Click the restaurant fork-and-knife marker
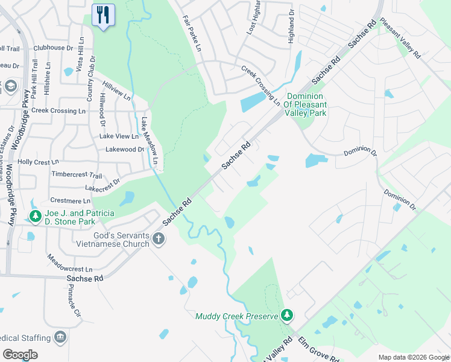(x=103, y=14)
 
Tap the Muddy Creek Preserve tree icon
(x=288, y=315)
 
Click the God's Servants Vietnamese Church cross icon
(x=158, y=238)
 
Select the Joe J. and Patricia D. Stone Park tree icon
(x=36, y=216)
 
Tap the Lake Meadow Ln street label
(x=149, y=141)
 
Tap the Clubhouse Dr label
(x=53, y=47)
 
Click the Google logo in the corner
(x=20, y=355)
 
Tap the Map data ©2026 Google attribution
(x=413, y=357)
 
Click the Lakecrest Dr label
(x=102, y=185)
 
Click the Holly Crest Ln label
(x=39, y=162)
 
